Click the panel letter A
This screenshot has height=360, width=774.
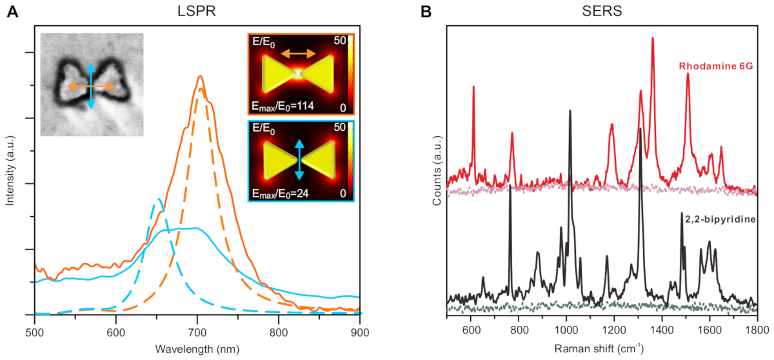(x=12, y=12)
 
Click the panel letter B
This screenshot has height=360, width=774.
(x=426, y=12)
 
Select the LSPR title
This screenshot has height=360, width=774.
(x=197, y=12)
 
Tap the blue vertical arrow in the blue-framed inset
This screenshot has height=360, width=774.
(x=299, y=160)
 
